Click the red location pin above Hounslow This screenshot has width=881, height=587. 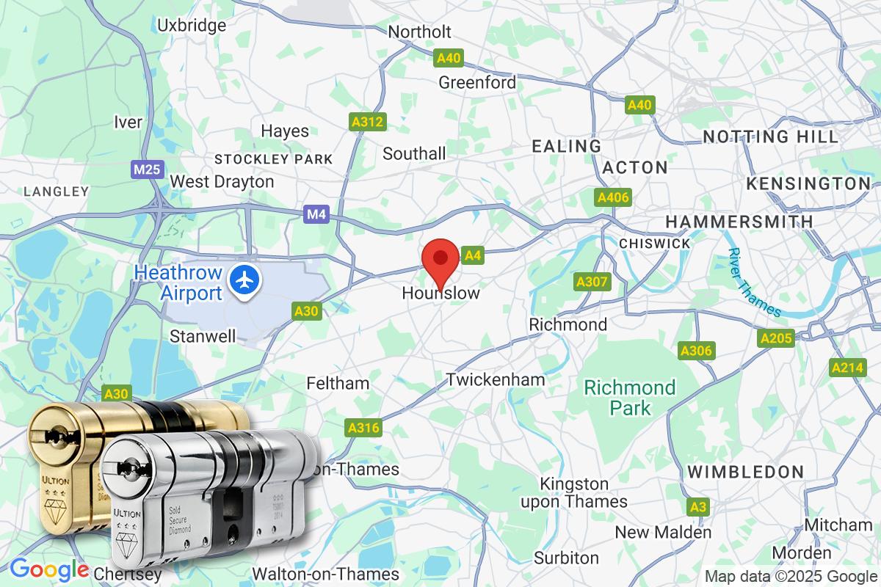coord(440,258)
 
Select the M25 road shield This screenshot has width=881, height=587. coord(148,170)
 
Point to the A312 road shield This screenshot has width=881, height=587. coord(367,123)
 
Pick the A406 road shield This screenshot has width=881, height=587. coord(613,198)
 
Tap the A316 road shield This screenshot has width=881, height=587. coord(363,427)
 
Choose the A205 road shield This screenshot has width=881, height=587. coord(775,338)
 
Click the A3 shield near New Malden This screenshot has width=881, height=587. coord(698,506)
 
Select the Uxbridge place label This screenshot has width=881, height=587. coord(192,26)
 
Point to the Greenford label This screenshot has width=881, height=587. coord(477,82)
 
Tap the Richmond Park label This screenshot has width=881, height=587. coord(629,397)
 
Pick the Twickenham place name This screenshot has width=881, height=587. coord(496,379)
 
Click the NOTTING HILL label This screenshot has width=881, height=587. coord(770,136)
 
